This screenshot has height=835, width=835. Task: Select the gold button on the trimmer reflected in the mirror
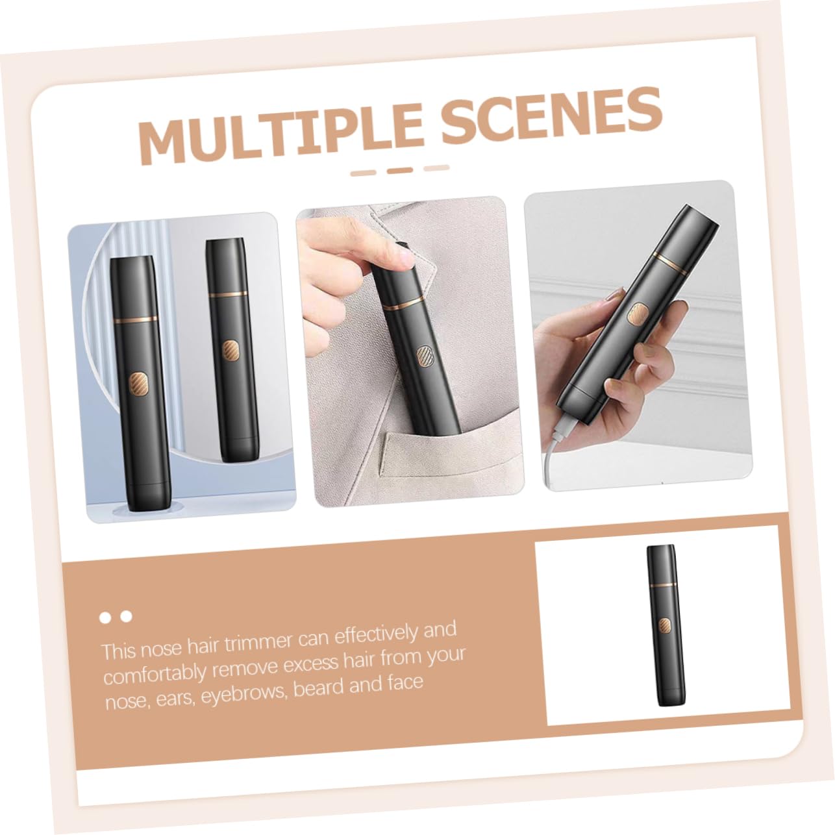point(231,351)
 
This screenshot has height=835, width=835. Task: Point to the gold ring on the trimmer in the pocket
point(402,304)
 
